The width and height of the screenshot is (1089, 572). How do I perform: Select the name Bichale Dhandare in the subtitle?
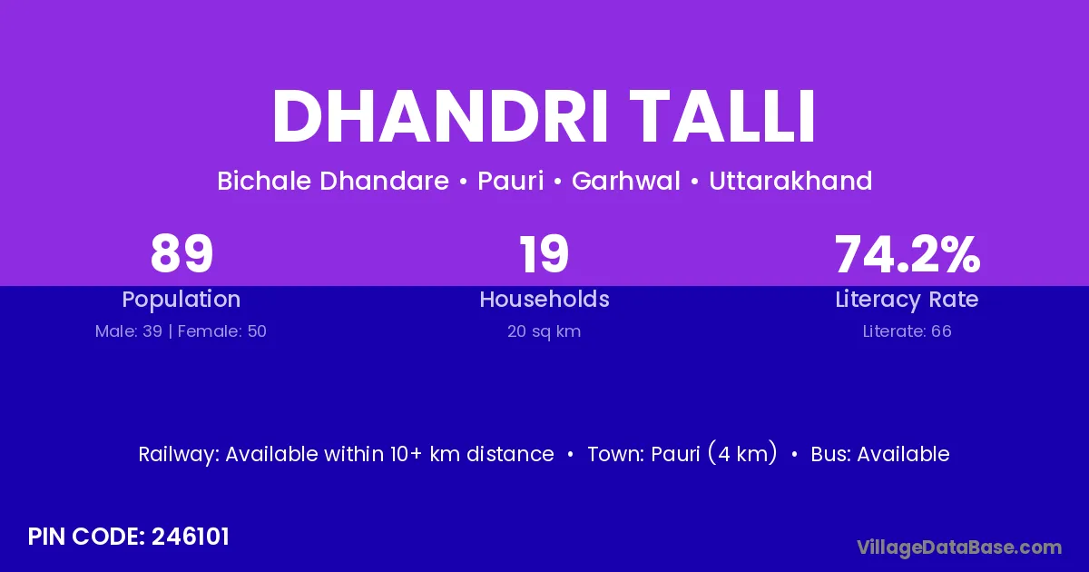point(333,181)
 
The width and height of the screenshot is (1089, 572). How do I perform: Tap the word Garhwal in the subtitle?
point(625,181)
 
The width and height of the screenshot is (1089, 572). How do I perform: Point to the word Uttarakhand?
point(790,181)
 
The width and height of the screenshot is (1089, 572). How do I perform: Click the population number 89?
point(181,253)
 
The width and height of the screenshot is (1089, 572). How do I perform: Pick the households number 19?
point(544,253)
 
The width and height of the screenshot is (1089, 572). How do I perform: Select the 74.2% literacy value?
point(907,253)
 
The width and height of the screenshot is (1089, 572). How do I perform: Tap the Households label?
point(544,299)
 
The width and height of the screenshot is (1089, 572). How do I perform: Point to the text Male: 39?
point(129,331)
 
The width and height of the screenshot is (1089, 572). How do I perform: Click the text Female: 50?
point(222,331)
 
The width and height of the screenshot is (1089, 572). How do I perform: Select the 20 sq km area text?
point(544,331)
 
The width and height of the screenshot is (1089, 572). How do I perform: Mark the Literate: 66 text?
point(907,331)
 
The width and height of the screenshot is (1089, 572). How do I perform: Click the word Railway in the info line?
point(179,454)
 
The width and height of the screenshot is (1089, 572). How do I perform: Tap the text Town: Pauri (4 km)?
point(682,453)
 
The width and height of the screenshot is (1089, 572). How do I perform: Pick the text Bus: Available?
point(880,454)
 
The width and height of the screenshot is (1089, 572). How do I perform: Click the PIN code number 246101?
point(190,537)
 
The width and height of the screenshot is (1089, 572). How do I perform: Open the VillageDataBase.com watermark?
point(959,547)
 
